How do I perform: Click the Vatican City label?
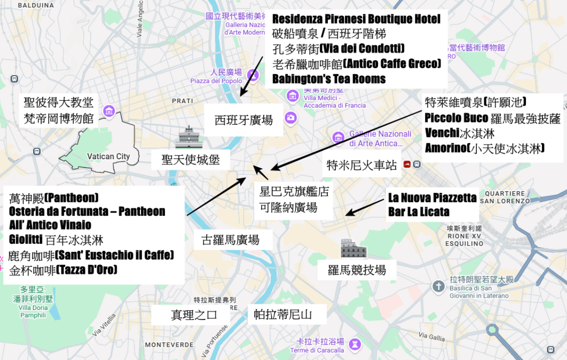(108, 156)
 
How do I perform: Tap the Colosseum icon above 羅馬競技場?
(353, 249)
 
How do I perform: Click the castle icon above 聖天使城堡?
(189, 137)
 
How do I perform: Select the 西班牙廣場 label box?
(244, 120)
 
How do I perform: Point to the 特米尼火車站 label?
(361, 165)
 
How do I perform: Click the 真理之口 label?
(194, 315)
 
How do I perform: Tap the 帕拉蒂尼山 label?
(283, 315)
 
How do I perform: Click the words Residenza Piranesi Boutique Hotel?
(356, 19)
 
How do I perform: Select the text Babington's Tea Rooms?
(329, 79)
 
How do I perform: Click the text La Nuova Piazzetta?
(432, 197)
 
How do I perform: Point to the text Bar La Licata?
(419, 212)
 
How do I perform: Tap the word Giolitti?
(26, 240)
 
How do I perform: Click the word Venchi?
(442, 133)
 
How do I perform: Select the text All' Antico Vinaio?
(50, 225)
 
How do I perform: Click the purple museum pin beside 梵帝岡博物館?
(110, 111)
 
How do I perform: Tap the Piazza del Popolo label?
(216, 81)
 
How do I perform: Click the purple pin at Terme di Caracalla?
(355, 344)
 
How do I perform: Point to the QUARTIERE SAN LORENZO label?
(507, 197)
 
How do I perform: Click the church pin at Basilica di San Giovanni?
(439, 286)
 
